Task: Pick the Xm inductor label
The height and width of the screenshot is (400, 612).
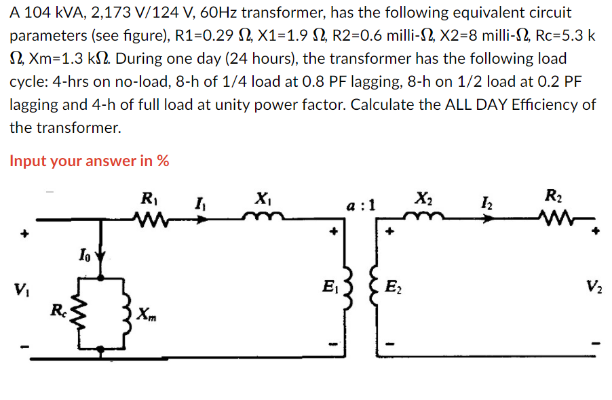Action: [x=145, y=313]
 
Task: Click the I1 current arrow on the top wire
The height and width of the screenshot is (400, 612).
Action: [x=202, y=218]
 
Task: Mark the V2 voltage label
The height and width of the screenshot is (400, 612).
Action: [x=596, y=285]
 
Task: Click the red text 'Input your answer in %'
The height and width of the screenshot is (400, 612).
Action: [x=89, y=161]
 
